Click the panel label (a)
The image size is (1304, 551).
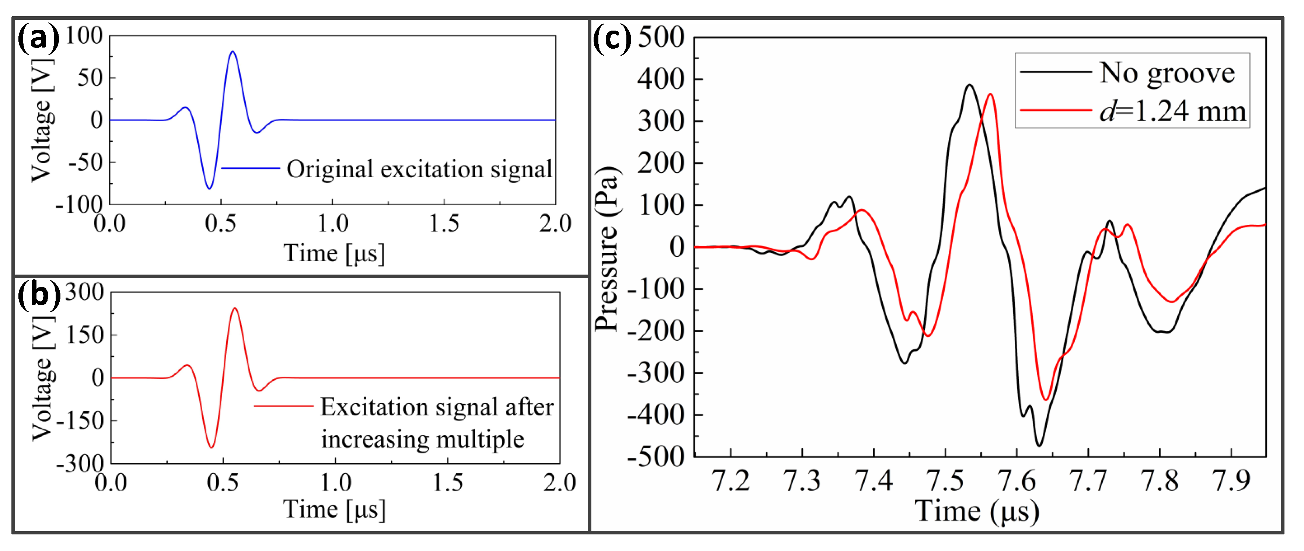[x=38, y=38]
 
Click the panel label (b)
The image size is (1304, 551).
[x=39, y=295]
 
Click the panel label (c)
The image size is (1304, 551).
[x=612, y=39]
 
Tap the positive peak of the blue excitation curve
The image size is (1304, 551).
[x=233, y=52]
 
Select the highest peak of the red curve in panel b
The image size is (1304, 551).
[x=234, y=308]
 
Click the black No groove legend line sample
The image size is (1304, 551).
[x=1055, y=72]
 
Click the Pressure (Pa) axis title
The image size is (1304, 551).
[x=607, y=248]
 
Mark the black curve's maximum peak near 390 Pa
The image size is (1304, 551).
[x=969, y=85]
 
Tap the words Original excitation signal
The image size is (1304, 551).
[x=419, y=169]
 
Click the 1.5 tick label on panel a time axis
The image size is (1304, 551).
[x=444, y=223]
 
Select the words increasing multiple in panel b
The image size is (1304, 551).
[x=423, y=439]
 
